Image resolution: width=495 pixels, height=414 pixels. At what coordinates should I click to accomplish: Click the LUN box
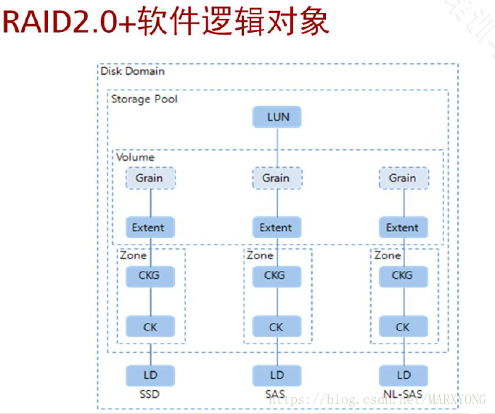point(277,118)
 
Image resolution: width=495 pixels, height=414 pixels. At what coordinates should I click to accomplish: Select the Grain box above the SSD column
point(150,178)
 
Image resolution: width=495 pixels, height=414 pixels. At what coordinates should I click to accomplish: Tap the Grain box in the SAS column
point(277,178)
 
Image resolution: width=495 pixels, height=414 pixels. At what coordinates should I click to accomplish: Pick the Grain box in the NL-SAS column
point(403,178)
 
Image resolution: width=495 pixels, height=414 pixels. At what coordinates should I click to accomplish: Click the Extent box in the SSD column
point(149,227)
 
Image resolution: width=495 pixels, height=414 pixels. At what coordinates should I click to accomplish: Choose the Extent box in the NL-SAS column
point(403,227)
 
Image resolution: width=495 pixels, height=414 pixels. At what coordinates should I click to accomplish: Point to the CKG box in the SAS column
point(276,276)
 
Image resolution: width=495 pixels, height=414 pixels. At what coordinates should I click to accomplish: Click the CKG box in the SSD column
point(150,276)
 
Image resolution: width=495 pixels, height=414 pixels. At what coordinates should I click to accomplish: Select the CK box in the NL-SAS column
point(403,327)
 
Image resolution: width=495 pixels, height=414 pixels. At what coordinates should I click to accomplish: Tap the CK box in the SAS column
point(276,327)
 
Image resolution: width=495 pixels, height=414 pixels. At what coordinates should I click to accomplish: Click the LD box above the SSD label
point(150,375)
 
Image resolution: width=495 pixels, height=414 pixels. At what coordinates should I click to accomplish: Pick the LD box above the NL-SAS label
point(403,375)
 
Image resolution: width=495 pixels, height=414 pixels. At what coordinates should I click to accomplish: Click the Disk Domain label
point(133,71)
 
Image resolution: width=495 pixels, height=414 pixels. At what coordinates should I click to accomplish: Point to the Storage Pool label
point(144,99)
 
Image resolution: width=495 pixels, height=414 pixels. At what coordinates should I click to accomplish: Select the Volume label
point(136,157)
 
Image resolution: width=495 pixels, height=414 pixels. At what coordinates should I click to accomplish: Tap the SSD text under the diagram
point(150,396)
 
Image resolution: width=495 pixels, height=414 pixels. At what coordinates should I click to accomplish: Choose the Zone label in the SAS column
point(260,256)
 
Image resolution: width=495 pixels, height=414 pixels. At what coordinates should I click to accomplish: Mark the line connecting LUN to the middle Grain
point(277,148)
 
